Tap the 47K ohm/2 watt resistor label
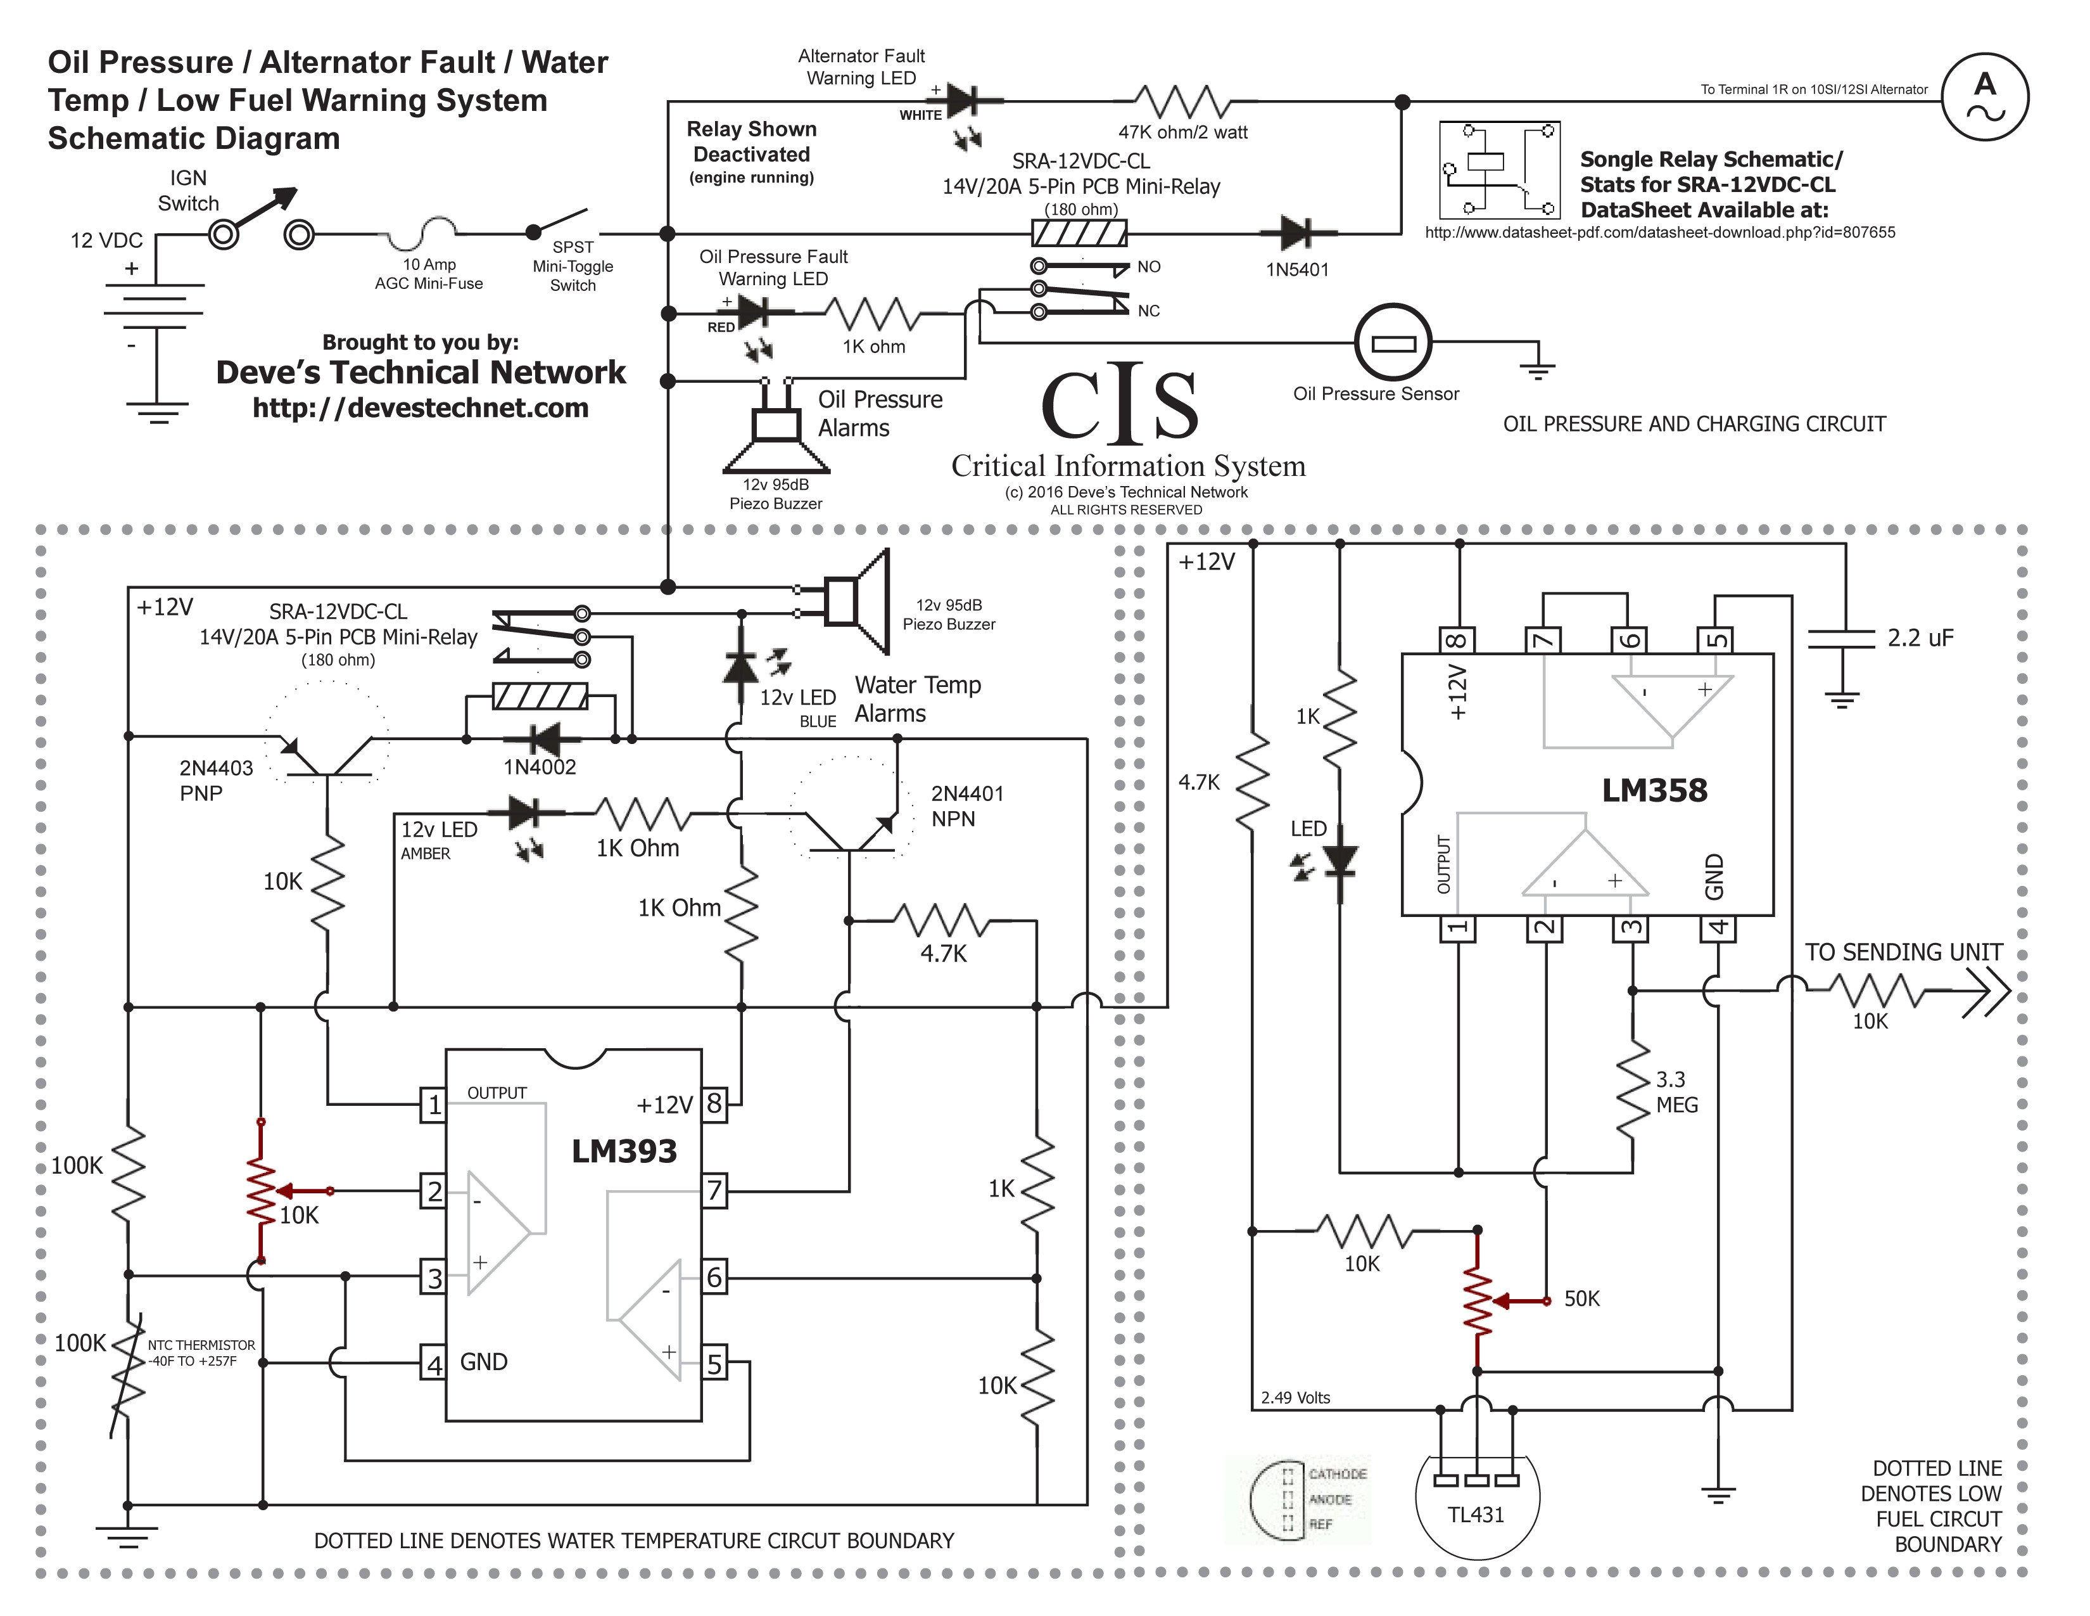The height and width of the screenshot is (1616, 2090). (1183, 132)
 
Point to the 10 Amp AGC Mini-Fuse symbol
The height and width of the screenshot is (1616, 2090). (429, 230)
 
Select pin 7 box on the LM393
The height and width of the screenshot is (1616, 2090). (714, 1191)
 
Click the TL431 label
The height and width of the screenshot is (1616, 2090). (1476, 1515)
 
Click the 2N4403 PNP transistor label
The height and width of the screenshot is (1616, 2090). (215, 780)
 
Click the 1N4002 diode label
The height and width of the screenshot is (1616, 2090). (540, 767)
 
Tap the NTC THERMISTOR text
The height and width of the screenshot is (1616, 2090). (201, 1345)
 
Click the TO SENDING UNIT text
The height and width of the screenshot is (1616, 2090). (1903, 952)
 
